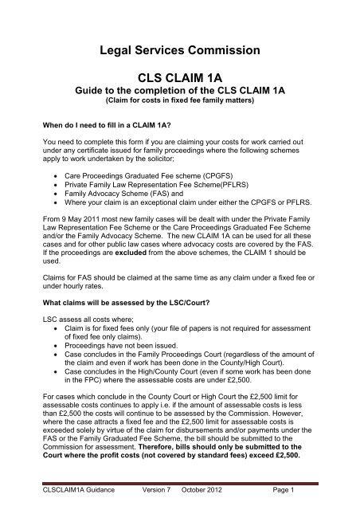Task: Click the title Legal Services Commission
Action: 180,52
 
